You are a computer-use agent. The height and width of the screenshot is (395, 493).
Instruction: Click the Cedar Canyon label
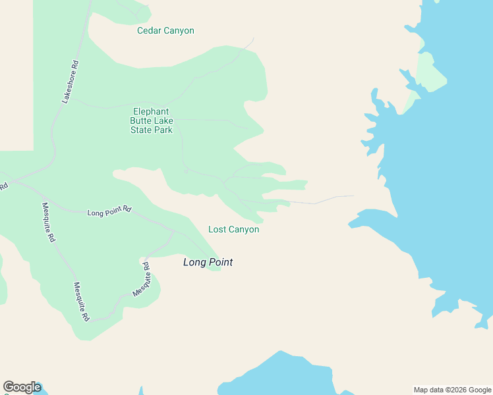coord(165,31)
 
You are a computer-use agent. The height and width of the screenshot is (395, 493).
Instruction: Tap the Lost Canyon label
coord(233,230)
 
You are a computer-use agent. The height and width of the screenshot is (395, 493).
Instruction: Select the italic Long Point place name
coord(208,262)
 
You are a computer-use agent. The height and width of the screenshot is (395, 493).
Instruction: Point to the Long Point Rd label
coord(109,211)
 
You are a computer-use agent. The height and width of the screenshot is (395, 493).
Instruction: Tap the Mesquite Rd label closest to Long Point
coord(146,279)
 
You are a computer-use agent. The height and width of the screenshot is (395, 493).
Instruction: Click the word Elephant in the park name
coord(151,112)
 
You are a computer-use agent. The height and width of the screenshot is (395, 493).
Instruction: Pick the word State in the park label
coord(141,130)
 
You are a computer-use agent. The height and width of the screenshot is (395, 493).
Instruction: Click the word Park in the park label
coord(163,130)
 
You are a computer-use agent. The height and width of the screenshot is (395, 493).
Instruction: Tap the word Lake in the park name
coord(163,121)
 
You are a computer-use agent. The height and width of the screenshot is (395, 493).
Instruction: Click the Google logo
coord(22,387)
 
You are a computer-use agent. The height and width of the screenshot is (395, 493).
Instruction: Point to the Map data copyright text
coord(453,390)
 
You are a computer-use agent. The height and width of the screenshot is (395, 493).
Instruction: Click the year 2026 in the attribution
coord(457,390)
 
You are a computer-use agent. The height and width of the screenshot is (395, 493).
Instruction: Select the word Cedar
coord(150,31)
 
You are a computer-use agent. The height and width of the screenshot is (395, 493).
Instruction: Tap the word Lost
coord(217,230)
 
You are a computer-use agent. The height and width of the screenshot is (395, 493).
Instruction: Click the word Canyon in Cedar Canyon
coord(179,31)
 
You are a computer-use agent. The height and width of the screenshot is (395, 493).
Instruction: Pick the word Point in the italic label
coord(220,262)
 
